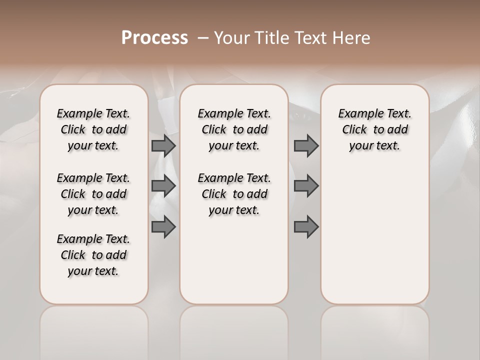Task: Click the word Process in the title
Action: (154, 38)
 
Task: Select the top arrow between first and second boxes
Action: (163, 145)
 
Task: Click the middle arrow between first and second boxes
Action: (163, 186)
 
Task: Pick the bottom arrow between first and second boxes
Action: (163, 227)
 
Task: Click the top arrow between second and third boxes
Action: (306, 145)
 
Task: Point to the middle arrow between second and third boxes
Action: (306, 186)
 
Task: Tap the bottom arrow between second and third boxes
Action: (306, 227)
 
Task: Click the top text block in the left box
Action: (93, 129)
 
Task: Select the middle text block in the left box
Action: (93, 194)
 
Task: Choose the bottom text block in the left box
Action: (93, 255)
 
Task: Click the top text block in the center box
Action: (234, 129)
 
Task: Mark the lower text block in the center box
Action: (234, 194)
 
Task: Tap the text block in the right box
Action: (374, 129)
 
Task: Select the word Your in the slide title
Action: (231, 38)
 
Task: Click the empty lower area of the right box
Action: (374, 235)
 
